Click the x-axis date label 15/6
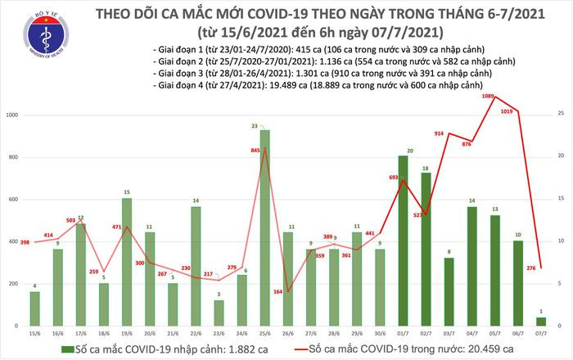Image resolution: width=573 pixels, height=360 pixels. (34, 335)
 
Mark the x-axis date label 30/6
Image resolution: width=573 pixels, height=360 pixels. (380, 335)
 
